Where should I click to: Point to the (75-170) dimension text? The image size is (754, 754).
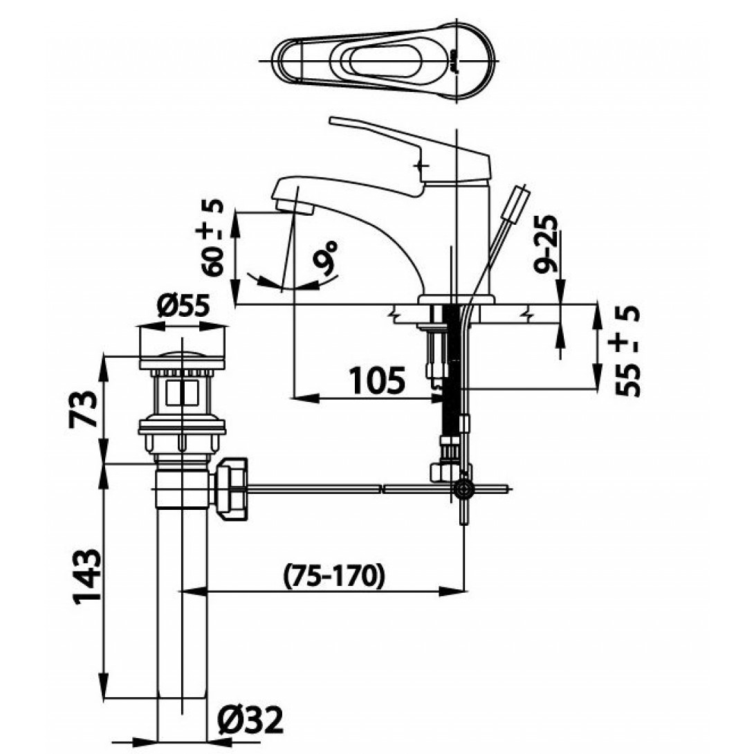(x=333, y=575)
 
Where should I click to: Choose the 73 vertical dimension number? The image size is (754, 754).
(x=84, y=410)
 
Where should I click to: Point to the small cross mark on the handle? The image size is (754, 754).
(x=423, y=165)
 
